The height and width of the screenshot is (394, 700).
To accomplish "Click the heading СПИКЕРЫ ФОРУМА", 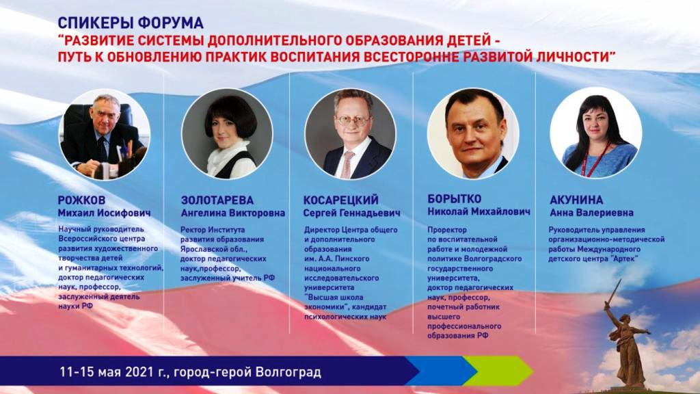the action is (131, 23).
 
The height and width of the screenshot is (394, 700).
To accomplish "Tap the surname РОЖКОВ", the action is (82, 200).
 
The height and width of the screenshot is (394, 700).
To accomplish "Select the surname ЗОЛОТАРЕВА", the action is (217, 200).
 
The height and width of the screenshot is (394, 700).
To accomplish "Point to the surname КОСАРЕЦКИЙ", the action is (340, 200).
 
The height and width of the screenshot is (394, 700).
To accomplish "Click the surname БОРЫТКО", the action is (455, 199).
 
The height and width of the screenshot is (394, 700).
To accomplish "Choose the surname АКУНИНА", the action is (576, 200).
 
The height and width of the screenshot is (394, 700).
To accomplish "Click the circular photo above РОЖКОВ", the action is (104, 134).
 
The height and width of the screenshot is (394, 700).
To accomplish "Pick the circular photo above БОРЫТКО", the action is (473, 133).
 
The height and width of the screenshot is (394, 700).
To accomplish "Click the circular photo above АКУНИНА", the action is (596, 133).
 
